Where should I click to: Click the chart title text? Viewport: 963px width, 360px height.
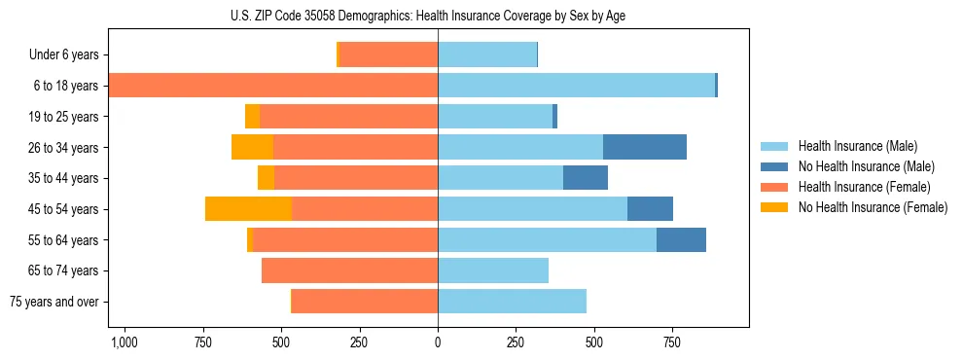pyautogui.click(x=438, y=15)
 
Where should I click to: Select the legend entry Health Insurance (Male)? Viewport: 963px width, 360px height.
pyautogui.click(x=851, y=146)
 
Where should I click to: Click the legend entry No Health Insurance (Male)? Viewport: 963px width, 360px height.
pyautogui.click(x=858, y=166)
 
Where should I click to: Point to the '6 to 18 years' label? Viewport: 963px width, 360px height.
pyautogui.click(x=66, y=86)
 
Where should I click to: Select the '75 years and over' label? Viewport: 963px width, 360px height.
pyautogui.click(x=53, y=302)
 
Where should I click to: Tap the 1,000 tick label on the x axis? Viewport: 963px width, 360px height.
pyautogui.click(x=124, y=342)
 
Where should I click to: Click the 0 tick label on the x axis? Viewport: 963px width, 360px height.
pyautogui.click(x=438, y=342)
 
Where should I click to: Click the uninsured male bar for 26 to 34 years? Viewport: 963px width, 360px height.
pyautogui.click(x=645, y=147)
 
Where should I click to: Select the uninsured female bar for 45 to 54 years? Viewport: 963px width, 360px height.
pyautogui.click(x=248, y=209)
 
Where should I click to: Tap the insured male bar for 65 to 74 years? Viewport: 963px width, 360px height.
pyautogui.click(x=493, y=270)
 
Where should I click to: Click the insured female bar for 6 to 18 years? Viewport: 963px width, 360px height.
pyautogui.click(x=272, y=86)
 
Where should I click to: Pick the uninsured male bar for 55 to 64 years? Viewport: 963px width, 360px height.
pyautogui.click(x=681, y=239)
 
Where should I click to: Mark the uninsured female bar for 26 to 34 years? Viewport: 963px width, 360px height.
pyautogui.click(x=252, y=147)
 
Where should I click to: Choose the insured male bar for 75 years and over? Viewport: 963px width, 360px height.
pyautogui.click(x=512, y=302)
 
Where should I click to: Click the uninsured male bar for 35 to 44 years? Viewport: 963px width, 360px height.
pyautogui.click(x=586, y=178)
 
